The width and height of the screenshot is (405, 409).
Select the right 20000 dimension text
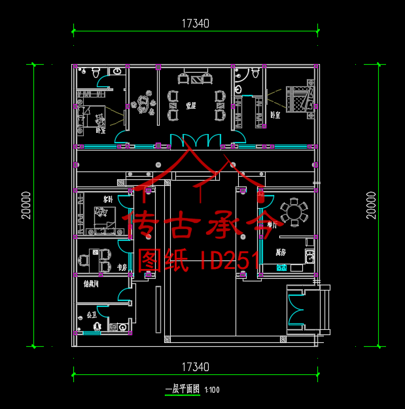coord(371,205)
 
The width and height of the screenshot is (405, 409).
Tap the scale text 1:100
coord(212,390)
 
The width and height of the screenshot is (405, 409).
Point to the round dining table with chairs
coord(292,211)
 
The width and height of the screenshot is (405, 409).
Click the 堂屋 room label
coord(190,105)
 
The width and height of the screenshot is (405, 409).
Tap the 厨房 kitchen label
coord(281,252)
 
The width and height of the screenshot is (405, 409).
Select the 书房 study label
coord(121,268)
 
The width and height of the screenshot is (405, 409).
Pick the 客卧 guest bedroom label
coord(107,198)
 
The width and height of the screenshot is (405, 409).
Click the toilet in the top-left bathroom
coord(96,73)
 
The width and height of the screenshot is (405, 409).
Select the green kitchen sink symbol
coord(281,267)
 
